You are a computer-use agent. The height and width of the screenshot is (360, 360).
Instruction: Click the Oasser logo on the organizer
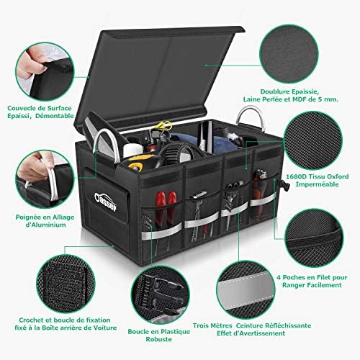(x=106, y=201)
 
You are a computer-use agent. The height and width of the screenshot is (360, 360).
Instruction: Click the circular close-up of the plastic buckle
(x=161, y=294)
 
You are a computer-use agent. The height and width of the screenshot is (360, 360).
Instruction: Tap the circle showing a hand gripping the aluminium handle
(x=45, y=179)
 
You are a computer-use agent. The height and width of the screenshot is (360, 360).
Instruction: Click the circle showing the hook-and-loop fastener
(x=66, y=284)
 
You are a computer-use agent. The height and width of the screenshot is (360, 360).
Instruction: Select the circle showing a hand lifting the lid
(x=45, y=71)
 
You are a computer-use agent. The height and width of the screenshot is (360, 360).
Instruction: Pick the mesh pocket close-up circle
(x=314, y=238)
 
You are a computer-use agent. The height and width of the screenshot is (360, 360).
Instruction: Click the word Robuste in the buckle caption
(x=159, y=339)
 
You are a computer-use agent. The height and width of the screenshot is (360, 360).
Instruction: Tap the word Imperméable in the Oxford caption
(x=317, y=184)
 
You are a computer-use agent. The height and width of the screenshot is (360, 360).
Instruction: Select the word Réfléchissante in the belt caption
(x=288, y=325)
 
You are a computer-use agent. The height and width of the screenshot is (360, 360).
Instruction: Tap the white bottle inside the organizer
(x=130, y=150)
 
